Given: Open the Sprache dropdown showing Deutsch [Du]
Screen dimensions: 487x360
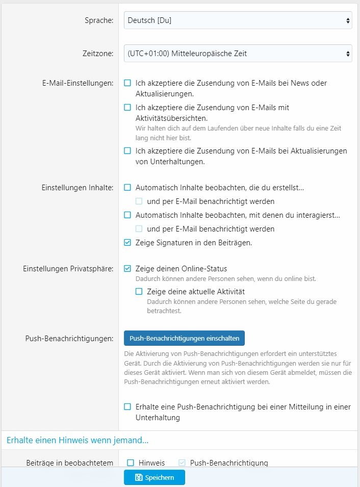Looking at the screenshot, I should click(238, 21).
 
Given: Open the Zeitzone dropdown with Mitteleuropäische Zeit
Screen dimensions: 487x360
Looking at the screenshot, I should click(238, 54).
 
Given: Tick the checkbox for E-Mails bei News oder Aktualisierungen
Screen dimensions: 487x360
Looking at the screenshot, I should click(127, 83).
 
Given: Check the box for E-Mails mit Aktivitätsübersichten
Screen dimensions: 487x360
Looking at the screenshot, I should click(127, 108).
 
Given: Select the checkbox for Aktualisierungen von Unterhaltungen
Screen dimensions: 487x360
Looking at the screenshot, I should click(127, 151).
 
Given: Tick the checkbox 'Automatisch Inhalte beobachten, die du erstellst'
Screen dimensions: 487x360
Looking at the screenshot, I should click(127, 188).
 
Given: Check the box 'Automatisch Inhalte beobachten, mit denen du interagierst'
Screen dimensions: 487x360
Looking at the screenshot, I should click(127, 215).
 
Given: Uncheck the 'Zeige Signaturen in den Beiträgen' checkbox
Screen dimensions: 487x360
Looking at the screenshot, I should click(127, 243).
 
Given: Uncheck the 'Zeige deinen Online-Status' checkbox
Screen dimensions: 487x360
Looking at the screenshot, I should click(127, 269).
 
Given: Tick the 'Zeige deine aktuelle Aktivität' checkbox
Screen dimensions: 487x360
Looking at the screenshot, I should click(139, 292).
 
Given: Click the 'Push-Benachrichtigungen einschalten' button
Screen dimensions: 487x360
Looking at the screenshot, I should click(184, 338).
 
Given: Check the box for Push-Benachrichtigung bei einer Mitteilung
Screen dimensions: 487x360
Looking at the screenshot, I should click(127, 407).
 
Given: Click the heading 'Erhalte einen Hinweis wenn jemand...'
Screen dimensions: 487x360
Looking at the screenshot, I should click(78, 440).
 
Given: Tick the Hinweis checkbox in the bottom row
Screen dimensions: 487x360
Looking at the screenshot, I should click(131, 463).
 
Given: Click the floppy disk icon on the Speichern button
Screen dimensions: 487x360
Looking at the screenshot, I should click(139, 478).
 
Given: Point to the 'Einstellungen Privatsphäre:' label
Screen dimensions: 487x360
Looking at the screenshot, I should click(68, 269).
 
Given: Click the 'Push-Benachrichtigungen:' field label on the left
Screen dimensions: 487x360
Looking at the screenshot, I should click(69, 338).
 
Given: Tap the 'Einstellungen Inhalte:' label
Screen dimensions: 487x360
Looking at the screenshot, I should click(78, 188).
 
